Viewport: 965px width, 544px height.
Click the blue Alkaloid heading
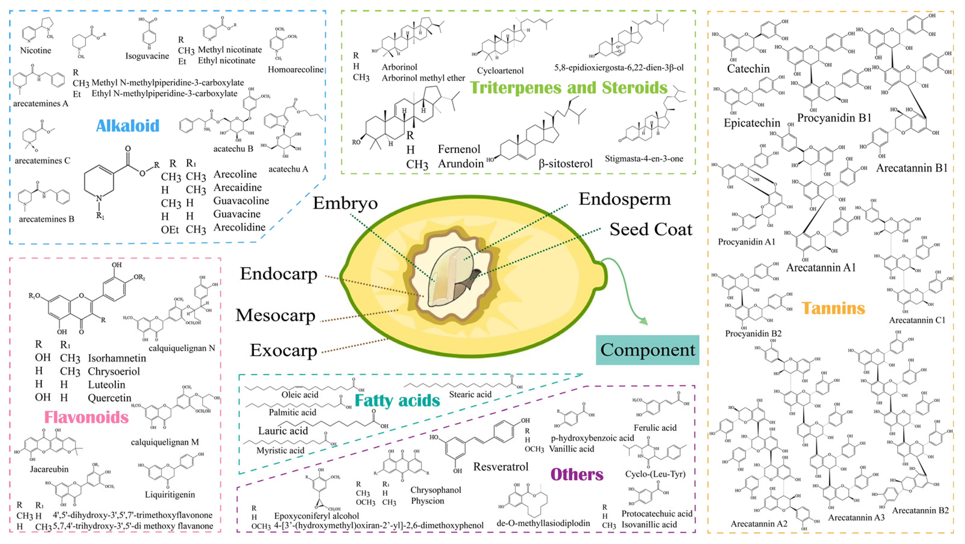click(128, 126)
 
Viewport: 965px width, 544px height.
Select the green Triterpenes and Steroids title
click(569, 87)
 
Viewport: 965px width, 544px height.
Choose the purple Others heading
click(577, 474)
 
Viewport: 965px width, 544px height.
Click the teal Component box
click(647, 350)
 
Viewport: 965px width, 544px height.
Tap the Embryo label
click(345, 203)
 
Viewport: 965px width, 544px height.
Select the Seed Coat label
click(651, 229)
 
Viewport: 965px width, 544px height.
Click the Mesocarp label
click(275, 315)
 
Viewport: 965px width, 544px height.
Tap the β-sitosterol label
click(565, 163)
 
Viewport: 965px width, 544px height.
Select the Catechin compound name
click(748, 69)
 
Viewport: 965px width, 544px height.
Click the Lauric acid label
click(283, 431)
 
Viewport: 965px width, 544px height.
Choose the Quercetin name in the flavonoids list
click(109, 398)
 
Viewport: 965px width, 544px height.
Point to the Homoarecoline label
click(295, 70)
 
